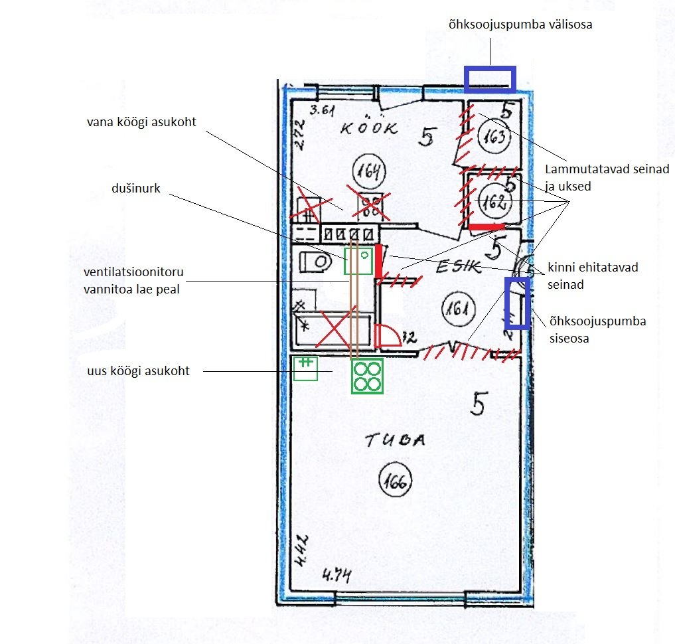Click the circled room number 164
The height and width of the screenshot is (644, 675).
(369, 171)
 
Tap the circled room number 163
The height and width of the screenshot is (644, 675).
(494, 137)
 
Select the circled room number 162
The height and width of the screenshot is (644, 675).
(494, 201)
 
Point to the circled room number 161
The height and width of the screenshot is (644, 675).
(459, 309)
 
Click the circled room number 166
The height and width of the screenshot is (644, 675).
(395, 481)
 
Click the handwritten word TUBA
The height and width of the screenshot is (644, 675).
(395, 440)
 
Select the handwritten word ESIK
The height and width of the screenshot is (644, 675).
(459, 266)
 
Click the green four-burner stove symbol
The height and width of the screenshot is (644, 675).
(367, 376)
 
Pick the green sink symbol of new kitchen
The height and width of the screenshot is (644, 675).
(305, 368)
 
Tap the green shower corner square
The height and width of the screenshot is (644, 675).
(358, 262)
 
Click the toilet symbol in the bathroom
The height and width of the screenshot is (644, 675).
(315, 262)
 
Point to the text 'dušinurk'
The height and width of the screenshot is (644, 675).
(135, 189)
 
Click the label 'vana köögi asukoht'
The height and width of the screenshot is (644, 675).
(141, 122)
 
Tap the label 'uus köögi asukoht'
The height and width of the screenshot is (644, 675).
(138, 371)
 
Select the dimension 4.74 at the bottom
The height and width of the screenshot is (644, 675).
(337, 575)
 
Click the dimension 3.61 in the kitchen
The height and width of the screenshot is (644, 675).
(322, 110)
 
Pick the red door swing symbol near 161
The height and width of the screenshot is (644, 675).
(388, 335)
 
